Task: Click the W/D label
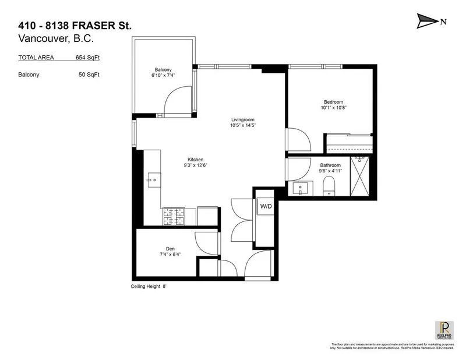(x=266, y=206)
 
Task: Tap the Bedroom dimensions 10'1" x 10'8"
(x=333, y=107)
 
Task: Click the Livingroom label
(x=242, y=119)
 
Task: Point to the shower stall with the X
(x=361, y=177)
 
